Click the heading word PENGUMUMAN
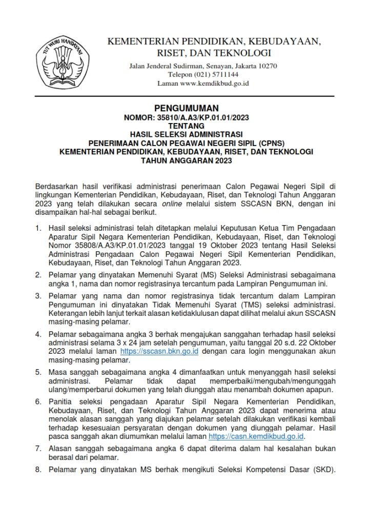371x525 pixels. point(186,108)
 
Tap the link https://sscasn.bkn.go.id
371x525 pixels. point(159,352)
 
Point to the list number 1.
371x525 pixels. point(38,227)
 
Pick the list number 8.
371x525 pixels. point(38,470)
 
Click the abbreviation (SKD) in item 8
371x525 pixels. point(323,470)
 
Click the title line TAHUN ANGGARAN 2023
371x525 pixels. point(186,160)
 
